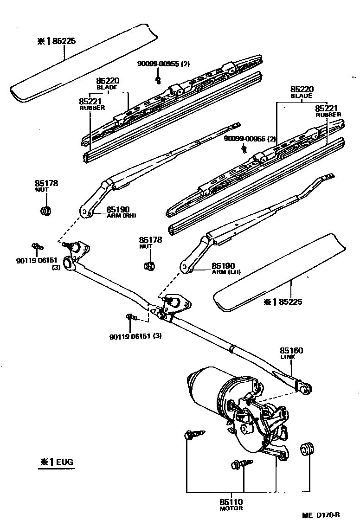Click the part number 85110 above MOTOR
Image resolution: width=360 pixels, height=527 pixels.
click(x=231, y=501)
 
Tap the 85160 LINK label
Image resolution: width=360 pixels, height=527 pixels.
click(x=290, y=353)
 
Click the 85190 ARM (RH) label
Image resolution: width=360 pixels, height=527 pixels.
click(x=120, y=212)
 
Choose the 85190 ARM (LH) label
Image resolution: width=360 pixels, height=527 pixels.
click(x=225, y=269)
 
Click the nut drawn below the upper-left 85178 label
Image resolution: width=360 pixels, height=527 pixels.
click(x=46, y=211)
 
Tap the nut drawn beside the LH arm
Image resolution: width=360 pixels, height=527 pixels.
click(x=149, y=266)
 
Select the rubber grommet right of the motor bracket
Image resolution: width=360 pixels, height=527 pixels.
click(x=307, y=449)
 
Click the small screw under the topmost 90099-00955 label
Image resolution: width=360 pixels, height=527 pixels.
click(x=158, y=79)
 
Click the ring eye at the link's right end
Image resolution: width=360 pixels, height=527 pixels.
click(x=306, y=388)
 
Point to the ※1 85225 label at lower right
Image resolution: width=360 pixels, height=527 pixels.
click(x=283, y=302)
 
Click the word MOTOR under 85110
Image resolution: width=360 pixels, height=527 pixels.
click(x=231, y=508)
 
